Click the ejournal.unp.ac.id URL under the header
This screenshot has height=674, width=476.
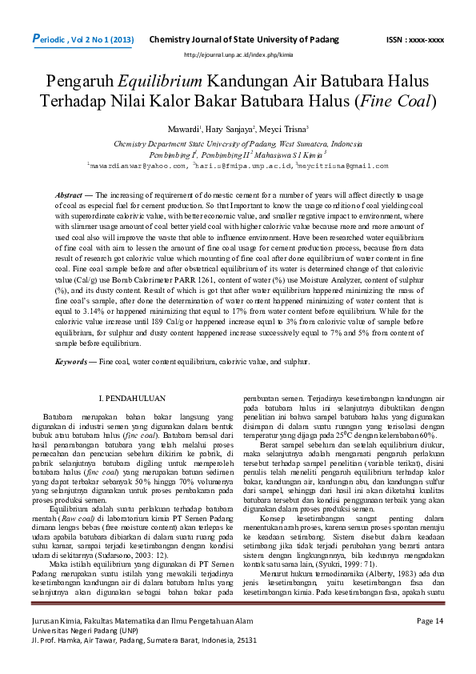[x=238, y=54]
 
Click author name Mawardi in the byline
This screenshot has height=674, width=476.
[x=182, y=129]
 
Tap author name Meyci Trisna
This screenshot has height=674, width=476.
[x=278, y=129]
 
